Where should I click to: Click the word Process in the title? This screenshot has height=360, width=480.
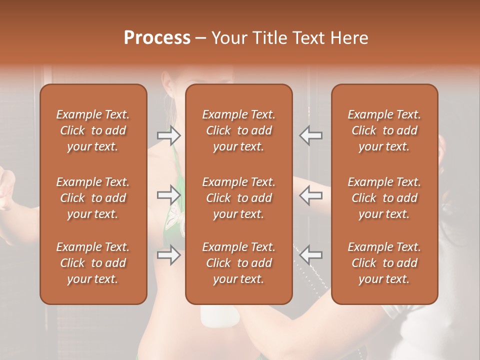click(x=157, y=38)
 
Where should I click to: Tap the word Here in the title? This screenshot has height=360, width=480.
click(x=348, y=38)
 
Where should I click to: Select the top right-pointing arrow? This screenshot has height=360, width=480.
click(x=168, y=135)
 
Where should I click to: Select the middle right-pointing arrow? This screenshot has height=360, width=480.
click(x=168, y=195)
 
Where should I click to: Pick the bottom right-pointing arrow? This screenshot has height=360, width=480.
click(x=168, y=255)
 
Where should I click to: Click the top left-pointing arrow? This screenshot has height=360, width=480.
click(x=310, y=135)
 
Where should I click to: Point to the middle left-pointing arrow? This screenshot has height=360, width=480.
click(x=310, y=195)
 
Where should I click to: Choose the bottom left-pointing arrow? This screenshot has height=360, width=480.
click(x=310, y=255)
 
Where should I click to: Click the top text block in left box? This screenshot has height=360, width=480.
click(x=93, y=130)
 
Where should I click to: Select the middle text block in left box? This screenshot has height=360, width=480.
click(x=93, y=198)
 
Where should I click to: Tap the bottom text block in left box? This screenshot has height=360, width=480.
click(x=93, y=263)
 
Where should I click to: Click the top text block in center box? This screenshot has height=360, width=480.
click(x=238, y=130)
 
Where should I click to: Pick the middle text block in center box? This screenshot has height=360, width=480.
click(x=238, y=198)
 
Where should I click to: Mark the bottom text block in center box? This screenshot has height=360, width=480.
click(x=238, y=263)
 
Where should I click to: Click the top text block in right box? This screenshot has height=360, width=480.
click(x=384, y=130)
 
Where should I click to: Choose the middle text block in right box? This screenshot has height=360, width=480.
click(x=384, y=198)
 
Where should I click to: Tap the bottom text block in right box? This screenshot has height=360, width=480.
click(x=384, y=263)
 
